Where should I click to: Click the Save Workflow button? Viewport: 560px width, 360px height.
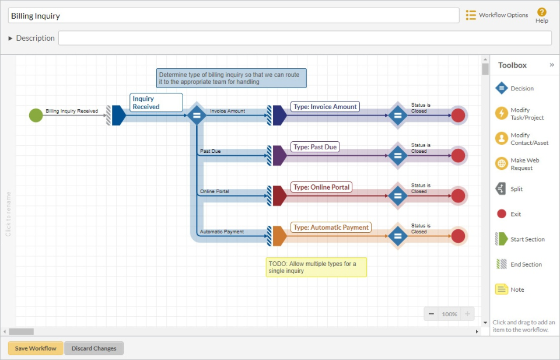point(36,348)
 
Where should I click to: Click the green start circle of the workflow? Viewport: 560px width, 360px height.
point(36,115)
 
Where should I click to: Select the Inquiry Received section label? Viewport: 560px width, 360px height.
point(156,103)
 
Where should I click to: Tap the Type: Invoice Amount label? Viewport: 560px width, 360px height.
point(325,107)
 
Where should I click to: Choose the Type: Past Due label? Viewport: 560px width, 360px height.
point(315,147)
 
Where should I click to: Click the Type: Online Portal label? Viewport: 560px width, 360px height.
point(321,187)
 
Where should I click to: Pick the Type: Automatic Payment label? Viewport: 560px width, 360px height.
point(331,228)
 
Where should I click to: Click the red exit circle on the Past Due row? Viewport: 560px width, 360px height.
point(458,155)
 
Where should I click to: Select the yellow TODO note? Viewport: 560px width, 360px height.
point(316,267)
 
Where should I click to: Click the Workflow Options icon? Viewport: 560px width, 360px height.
point(471,15)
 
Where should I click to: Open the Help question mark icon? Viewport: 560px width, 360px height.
point(542,12)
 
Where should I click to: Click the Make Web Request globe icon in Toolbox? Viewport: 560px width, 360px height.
point(501,164)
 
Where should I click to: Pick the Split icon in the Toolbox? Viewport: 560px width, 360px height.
point(501,189)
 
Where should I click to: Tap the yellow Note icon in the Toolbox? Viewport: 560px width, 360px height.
point(501,289)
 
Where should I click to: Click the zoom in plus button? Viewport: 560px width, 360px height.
point(467,314)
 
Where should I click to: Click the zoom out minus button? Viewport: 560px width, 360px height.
point(432,314)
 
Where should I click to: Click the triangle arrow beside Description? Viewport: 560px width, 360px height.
point(10,39)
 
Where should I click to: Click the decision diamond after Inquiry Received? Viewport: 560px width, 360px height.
point(197,115)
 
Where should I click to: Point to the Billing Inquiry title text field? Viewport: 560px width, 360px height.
point(233,16)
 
